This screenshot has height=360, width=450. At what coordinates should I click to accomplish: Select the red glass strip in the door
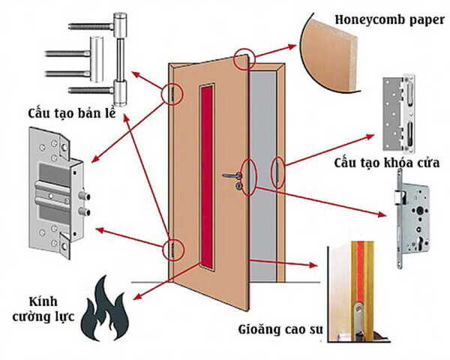(x=206, y=172)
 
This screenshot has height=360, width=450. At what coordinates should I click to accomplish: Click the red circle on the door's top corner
(x=244, y=58)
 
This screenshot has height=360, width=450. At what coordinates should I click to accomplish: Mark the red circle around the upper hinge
(x=172, y=94)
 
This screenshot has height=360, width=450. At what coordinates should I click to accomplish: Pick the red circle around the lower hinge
(x=173, y=248)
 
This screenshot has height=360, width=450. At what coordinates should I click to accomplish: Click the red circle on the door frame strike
(x=277, y=172)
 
